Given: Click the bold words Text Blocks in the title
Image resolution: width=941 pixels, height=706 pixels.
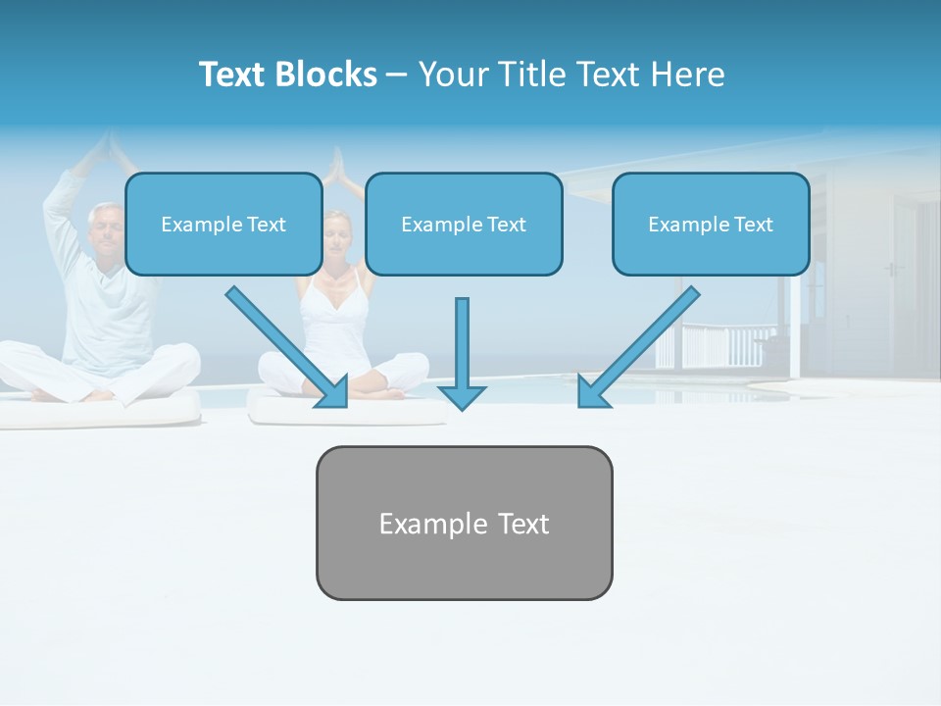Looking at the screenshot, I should coord(287,75).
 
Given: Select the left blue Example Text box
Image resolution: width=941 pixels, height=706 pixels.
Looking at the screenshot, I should coord(223,224).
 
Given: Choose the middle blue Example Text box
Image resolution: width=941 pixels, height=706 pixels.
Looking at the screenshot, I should coord(464,224).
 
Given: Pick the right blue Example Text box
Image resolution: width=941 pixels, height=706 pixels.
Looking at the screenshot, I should coord(711,224).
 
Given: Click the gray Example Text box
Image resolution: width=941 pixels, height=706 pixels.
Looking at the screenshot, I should coord(464,523).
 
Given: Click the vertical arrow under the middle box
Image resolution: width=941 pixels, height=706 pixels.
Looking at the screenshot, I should coord(462,343).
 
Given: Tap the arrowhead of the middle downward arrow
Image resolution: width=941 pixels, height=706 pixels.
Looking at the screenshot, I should coord(462,396).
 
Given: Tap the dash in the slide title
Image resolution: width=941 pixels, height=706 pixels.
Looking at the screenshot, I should coord(397,76).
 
